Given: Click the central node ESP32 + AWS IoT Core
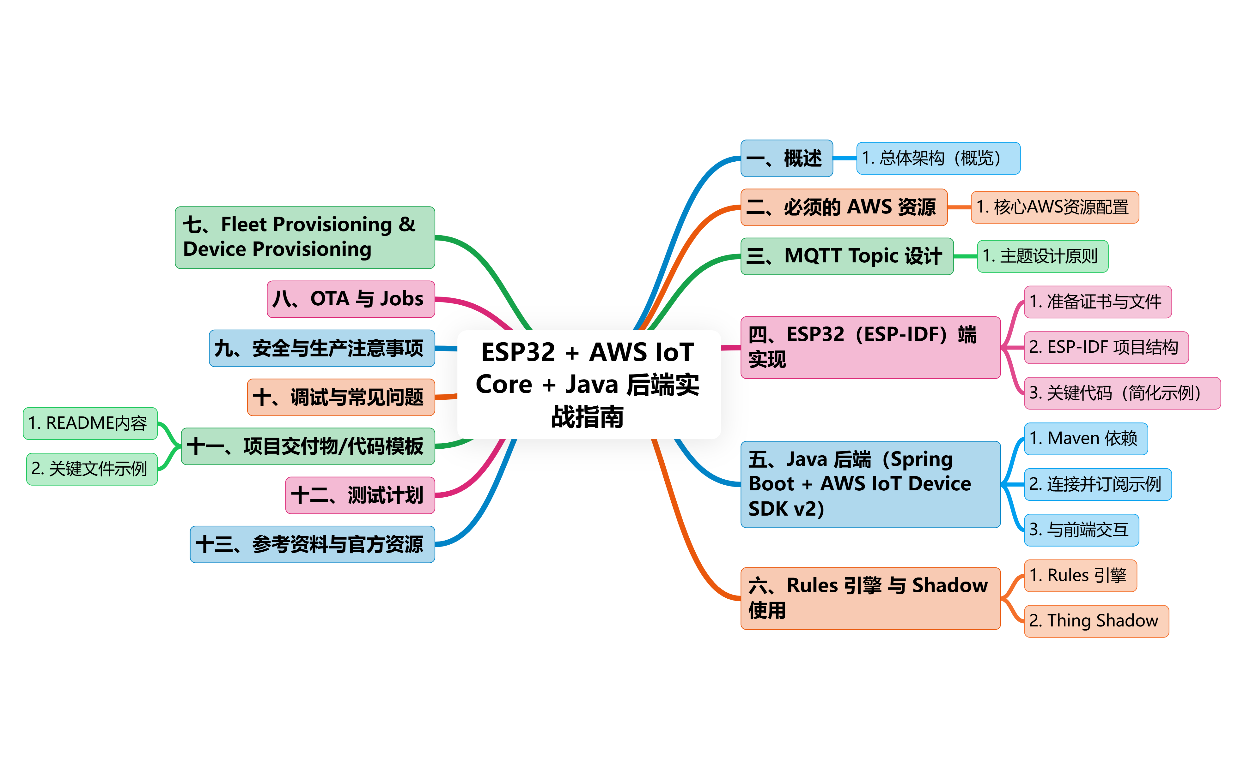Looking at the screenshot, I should click(588, 384).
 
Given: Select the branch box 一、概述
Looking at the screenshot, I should click(786, 158).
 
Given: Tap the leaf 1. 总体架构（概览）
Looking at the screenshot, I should click(938, 158).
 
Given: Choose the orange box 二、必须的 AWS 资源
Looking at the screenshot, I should click(844, 207).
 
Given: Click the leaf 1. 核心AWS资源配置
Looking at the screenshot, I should click(1054, 207).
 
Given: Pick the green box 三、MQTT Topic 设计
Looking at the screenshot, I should click(846, 256).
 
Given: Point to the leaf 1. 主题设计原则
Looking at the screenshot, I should click(1042, 256).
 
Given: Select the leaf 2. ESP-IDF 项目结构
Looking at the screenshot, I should click(1106, 347).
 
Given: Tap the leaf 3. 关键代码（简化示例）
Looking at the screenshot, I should click(1121, 393).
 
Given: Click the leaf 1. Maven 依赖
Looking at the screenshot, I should click(1085, 438).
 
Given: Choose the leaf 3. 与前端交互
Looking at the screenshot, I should click(1081, 530).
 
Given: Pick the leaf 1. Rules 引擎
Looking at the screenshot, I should click(1080, 575).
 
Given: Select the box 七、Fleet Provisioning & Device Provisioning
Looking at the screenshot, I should click(305, 237).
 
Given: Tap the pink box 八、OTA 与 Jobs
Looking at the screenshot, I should click(351, 299).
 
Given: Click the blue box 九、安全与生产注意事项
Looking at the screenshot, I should click(322, 348).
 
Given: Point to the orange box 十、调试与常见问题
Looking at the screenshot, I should click(341, 397).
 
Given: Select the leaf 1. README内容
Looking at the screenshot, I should click(90, 423).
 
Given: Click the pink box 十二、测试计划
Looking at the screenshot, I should click(360, 495).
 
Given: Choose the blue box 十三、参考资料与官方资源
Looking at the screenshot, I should click(312, 544).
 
